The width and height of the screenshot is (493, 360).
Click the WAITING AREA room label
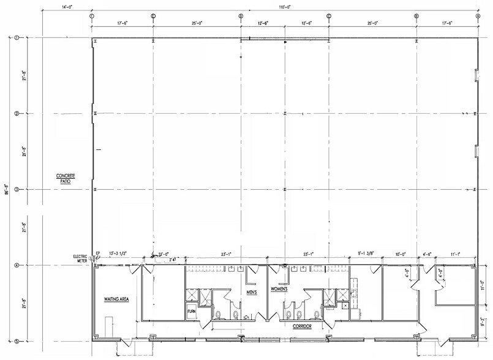click(x=116, y=299)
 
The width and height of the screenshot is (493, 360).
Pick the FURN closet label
click(x=191, y=312)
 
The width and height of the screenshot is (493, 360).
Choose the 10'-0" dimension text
click(x=401, y=253)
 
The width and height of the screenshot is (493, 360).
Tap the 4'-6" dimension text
click(x=428, y=253)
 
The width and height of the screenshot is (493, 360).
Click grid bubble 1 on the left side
click(x=17, y=38)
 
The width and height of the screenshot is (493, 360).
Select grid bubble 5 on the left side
click(x=17, y=342)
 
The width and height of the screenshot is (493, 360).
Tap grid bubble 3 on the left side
click(x=17, y=190)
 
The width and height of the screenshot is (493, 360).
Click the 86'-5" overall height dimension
click(x=7, y=190)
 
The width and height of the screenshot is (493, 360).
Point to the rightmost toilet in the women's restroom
click(x=316, y=315)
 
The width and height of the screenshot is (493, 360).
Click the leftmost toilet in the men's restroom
click(x=219, y=315)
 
